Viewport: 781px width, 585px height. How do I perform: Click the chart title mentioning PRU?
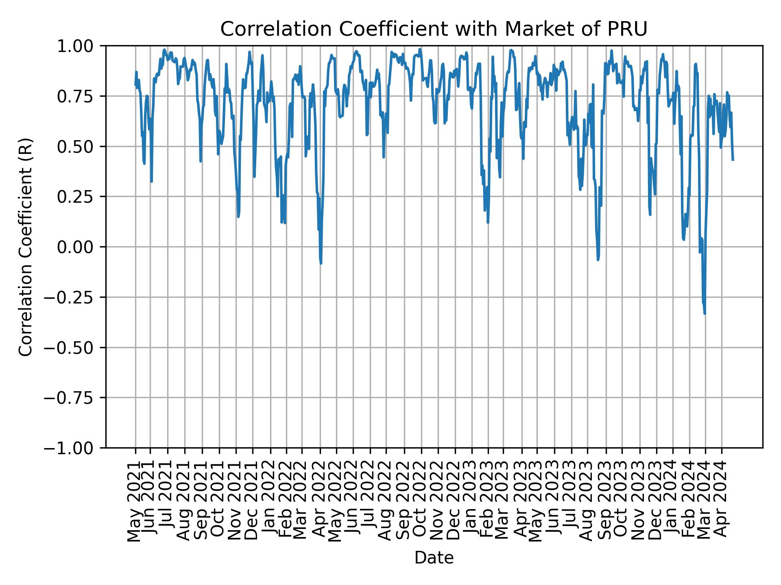(x=434, y=29)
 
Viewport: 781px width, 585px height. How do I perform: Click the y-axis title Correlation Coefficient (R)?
(x=26, y=247)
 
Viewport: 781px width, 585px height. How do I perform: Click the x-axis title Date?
(x=434, y=558)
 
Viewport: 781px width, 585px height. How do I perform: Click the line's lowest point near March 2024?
(x=705, y=313)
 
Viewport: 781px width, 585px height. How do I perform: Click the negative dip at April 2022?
(x=321, y=263)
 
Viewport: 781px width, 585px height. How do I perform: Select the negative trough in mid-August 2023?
(x=598, y=260)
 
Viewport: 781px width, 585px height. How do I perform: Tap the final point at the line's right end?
(x=733, y=160)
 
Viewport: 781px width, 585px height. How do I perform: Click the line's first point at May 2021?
(x=135, y=85)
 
